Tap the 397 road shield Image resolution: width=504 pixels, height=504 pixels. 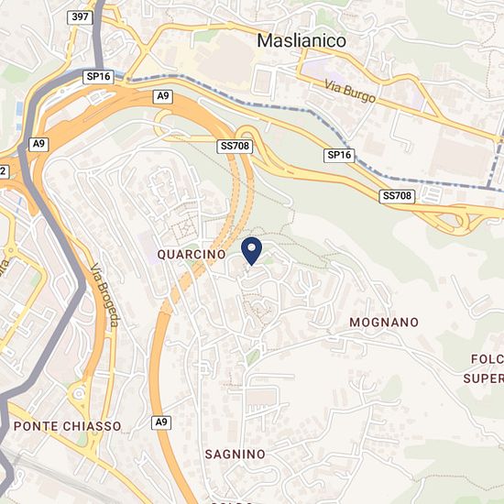click(x=80, y=17)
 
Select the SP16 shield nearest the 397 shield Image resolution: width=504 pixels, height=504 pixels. click(x=98, y=77)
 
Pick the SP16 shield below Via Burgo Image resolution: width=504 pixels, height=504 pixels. click(x=339, y=156)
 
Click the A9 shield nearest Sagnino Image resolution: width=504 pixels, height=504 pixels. click(x=161, y=422)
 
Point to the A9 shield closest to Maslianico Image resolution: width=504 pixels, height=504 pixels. click(x=163, y=95)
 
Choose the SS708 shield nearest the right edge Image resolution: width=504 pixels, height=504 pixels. click(x=396, y=196)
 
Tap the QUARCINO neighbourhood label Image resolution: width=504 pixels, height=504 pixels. click(x=192, y=254)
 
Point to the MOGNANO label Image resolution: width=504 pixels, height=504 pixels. click(x=384, y=323)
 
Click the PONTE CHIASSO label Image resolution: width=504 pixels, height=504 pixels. click(x=67, y=426)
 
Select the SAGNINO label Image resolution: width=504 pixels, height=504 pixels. click(x=235, y=454)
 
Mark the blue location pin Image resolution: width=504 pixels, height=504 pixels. click(x=252, y=248)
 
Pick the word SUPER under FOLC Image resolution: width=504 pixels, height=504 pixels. click(x=483, y=378)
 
